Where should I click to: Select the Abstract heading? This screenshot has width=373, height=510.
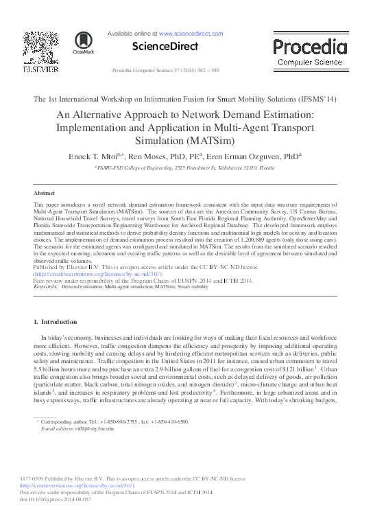pyautogui.click(x=44, y=194)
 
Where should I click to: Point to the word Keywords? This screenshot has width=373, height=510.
pyautogui.click(x=45, y=286)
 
